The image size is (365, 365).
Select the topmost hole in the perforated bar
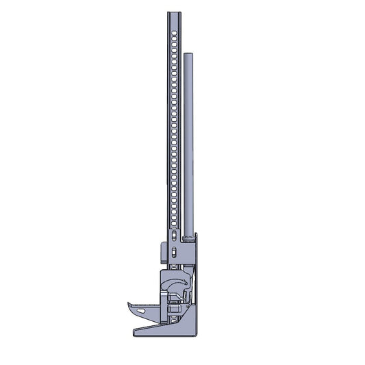tap(174, 33)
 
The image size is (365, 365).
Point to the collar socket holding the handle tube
tap(187, 238)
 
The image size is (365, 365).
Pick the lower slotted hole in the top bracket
tap(174, 253)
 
